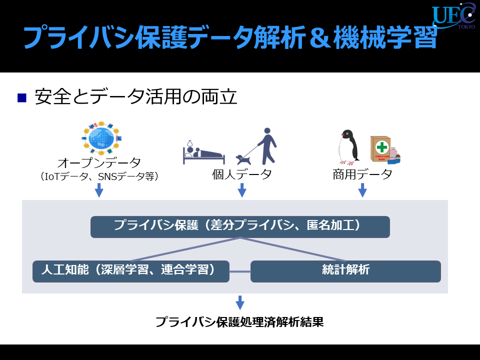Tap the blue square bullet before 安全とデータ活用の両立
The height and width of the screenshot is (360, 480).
pos(22,97)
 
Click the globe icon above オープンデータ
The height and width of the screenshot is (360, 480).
pos(101,138)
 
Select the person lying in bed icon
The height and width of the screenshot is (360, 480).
pos(203,152)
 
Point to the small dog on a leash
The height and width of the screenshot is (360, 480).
pos(243,159)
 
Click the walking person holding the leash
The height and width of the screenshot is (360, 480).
pos(267,146)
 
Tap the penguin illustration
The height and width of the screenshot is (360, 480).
pos(348,147)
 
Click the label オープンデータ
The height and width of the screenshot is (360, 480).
pos(99,162)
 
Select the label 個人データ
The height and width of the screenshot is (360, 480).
pos(242,174)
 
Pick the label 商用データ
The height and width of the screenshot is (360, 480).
pos(362,174)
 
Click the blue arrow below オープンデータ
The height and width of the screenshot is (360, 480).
pos(99,190)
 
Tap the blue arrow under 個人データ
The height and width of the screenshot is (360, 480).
pos(242,190)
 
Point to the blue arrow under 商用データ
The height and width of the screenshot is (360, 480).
pos(362,190)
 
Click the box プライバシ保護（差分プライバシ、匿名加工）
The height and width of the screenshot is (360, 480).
pos(240,227)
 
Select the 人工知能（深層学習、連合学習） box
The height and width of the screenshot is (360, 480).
pos(131,271)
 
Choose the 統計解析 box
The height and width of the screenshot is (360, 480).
pos(345,271)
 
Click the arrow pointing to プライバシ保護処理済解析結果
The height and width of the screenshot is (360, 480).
pos(240,303)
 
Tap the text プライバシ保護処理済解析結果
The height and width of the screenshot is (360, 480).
pos(239,322)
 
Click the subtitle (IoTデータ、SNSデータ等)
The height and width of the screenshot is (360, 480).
pos(99,176)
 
